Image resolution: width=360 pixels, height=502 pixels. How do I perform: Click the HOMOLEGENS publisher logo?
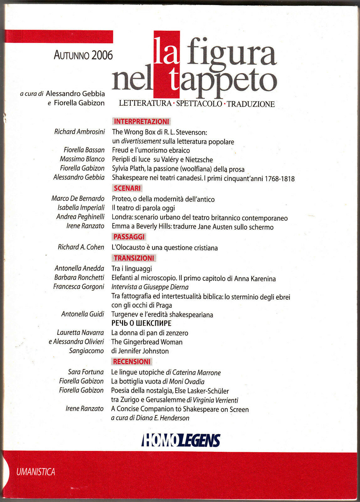pyautogui.click(x=181, y=440)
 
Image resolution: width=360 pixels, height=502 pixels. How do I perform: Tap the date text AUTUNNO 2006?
pyautogui.click(x=83, y=55)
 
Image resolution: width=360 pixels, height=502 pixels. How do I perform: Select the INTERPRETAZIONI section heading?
pyautogui.click(x=141, y=121)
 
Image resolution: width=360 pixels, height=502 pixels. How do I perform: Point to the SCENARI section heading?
pyautogui.click(x=127, y=188)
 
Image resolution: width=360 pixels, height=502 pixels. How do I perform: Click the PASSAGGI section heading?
pyautogui.click(x=129, y=237)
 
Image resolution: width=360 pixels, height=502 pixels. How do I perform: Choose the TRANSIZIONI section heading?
pyautogui.click(x=134, y=258)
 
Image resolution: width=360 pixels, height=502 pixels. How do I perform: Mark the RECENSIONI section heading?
pyautogui.click(x=132, y=361)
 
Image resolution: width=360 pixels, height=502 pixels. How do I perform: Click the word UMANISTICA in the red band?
pyautogui.click(x=36, y=472)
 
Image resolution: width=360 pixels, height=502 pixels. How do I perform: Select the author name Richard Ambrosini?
pyautogui.click(x=79, y=132)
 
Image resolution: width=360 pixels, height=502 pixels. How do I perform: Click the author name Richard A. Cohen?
pyautogui.click(x=81, y=247)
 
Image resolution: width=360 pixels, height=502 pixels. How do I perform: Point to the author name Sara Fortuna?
pyautogui.click(x=86, y=372)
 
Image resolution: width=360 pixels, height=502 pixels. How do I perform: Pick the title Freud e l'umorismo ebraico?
pyautogui.click(x=151, y=150)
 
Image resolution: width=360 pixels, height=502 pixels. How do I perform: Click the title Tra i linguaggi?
pyautogui.click(x=132, y=269)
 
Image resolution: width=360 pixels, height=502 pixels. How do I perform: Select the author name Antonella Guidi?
pyautogui.click(x=82, y=314)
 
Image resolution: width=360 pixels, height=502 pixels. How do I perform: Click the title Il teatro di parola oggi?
pyautogui.click(x=143, y=208)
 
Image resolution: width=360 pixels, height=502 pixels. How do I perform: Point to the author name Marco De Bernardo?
pyautogui.click(x=78, y=199)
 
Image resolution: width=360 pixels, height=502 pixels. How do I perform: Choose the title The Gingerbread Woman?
pyautogui.click(x=147, y=342)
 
